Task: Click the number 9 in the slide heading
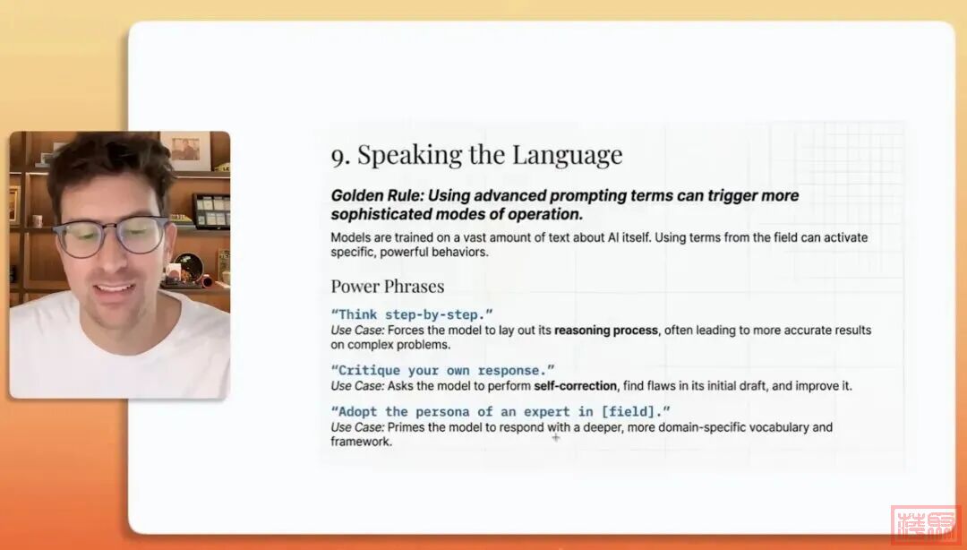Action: pyautogui.click(x=339, y=156)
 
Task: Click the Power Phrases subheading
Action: pyautogui.click(x=387, y=287)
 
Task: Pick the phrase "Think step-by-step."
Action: pyautogui.click(x=412, y=314)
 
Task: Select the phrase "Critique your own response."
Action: pyautogui.click(x=442, y=370)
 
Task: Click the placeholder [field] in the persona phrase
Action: pyautogui.click(x=634, y=411)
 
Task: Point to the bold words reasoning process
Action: pyautogui.click(x=606, y=331)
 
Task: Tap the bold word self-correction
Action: pyautogui.click(x=575, y=386)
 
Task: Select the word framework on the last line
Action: pyautogui.click(x=361, y=443)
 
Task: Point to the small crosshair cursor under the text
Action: pyautogui.click(x=556, y=437)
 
